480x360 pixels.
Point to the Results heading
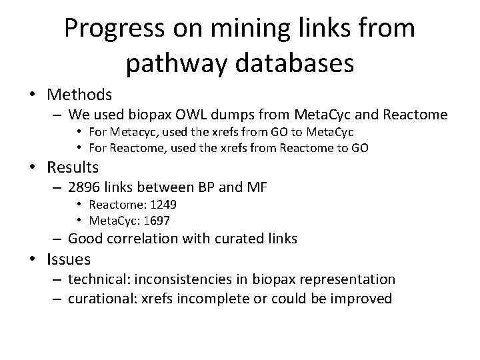click(x=73, y=167)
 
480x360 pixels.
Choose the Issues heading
click(x=69, y=258)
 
